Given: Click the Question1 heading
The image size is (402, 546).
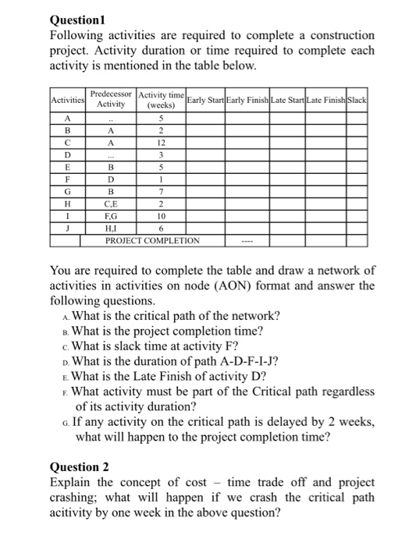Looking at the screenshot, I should coord(77,21).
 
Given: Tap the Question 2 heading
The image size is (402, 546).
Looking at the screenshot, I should coord(80,467).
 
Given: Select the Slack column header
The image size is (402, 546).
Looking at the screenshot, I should coord(357,101).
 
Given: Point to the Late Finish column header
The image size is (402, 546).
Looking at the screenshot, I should coord(324,101).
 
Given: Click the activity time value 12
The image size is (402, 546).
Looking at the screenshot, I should coord(160,144).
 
